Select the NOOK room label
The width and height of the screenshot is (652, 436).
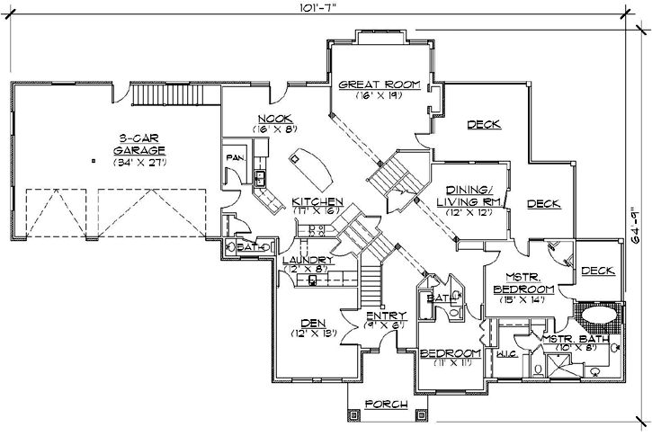coord(272,119)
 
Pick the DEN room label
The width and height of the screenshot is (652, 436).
coord(313,323)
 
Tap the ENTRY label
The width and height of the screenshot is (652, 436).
coord(387,315)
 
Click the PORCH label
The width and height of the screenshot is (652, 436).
coord(388,405)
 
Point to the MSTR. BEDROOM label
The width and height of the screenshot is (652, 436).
coord(522,284)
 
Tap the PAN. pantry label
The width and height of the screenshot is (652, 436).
coord(231,158)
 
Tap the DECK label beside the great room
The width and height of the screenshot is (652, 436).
coord(484,124)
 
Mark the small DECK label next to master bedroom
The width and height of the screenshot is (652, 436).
coord(596,271)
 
